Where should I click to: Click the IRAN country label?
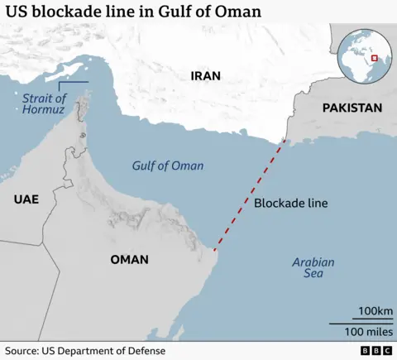(x=207, y=75)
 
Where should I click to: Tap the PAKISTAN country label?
(x=352, y=108)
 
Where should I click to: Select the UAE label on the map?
(x=26, y=199)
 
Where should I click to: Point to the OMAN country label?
(x=129, y=259)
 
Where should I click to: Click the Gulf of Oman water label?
(x=168, y=166)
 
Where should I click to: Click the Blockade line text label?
(x=290, y=203)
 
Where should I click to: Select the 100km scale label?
(x=375, y=312)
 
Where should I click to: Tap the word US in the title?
(x=17, y=12)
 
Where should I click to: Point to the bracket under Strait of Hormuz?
(x=73, y=83)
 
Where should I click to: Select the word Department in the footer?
(x=84, y=351)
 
